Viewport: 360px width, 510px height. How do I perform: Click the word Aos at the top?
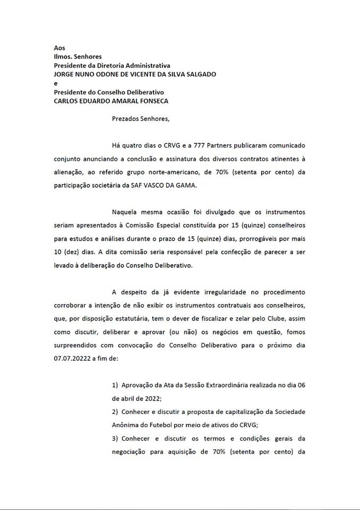(x=59, y=48)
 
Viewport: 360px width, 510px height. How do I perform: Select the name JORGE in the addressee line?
(x=65, y=74)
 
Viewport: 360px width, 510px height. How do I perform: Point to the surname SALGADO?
(x=201, y=74)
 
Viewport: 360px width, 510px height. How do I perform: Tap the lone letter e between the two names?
(x=56, y=83)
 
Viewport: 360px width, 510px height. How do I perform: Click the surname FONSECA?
(x=155, y=101)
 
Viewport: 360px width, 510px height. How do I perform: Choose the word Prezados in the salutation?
(x=126, y=118)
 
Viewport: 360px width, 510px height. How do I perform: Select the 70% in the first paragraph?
(x=222, y=172)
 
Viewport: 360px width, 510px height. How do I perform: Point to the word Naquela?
(x=125, y=212)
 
